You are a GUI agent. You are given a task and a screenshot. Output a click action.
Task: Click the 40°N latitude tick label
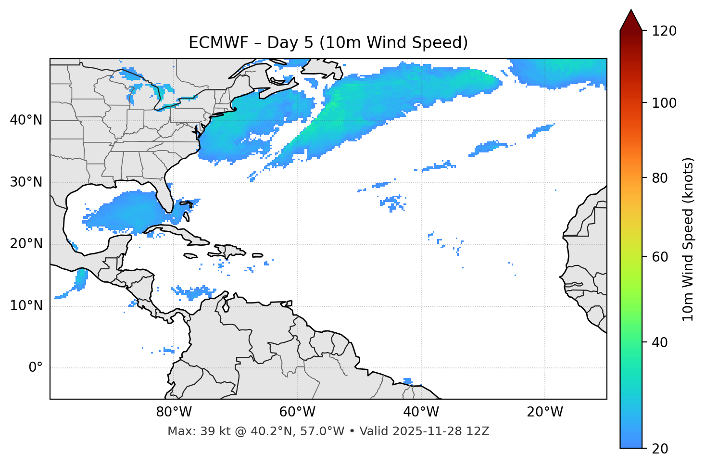click(26, 120)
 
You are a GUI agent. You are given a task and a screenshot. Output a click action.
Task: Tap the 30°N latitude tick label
click(26, 182)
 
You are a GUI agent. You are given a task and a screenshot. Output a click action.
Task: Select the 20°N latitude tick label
click(26, 244)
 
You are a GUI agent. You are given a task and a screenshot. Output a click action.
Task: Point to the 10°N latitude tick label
click(26, 306)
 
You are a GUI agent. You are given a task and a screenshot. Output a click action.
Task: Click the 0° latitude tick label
click(36, 368)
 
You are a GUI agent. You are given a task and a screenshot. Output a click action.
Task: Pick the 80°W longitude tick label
click(174, 412)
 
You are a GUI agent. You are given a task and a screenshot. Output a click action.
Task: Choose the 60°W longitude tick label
click(297, 412)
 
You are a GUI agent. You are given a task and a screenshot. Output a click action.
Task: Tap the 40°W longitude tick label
click(421, 412)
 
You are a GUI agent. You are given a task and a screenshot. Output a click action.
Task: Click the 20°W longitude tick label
click(545, 412)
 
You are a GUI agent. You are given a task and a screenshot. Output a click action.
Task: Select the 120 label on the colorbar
click(664, 31)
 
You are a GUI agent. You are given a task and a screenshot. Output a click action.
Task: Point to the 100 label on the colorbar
click(664, 103)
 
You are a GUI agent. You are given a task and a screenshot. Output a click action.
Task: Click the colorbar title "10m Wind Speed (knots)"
click(688, 239)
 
